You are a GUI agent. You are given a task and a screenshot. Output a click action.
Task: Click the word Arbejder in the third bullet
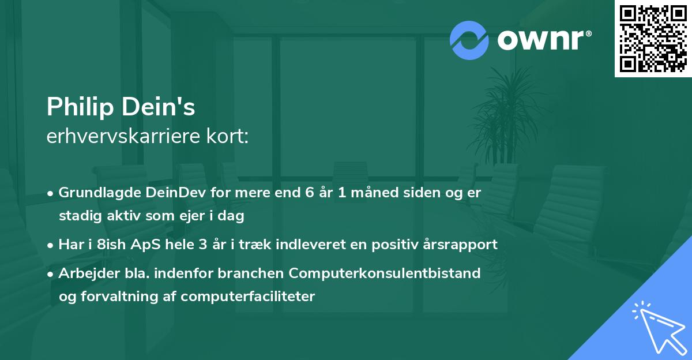pyautogui.click(x=85, y=273)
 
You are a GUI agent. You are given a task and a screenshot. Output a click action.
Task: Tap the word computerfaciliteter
pyautogui.click(x=247, y=297)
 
